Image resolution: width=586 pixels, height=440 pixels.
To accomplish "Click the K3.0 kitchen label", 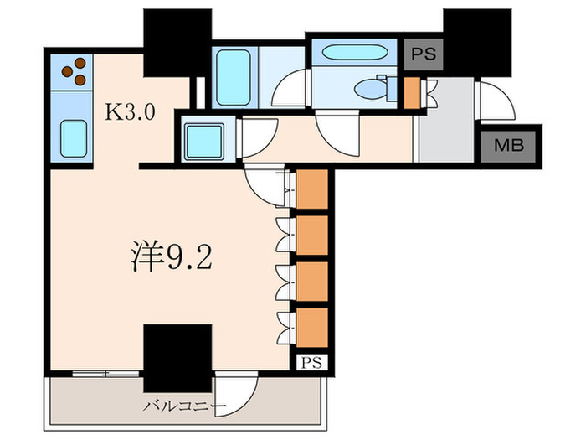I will [x=129, y=113].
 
